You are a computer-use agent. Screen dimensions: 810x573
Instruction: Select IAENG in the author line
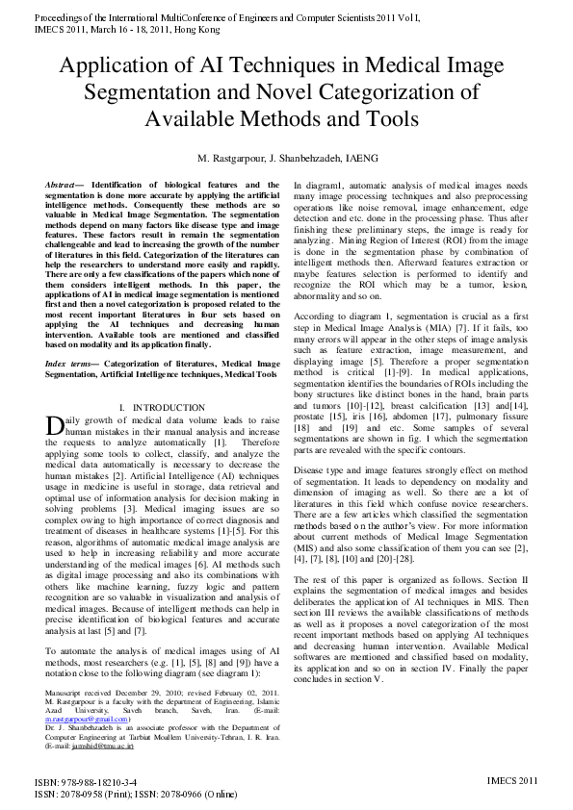(359, 158)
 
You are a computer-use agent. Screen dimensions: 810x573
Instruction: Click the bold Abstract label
(63, 184)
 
